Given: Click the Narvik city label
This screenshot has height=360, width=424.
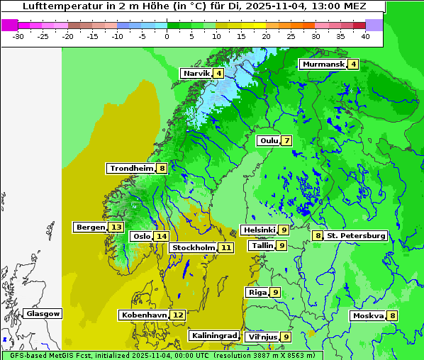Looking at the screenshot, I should click(196, 74).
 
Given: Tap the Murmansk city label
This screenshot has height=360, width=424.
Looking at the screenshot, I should click(323, 64).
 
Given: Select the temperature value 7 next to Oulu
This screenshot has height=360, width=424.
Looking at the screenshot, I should click(286, 140).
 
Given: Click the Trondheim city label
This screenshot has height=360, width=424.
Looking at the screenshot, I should click(131, 169).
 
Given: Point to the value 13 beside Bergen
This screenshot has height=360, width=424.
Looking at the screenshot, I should click(116, 227).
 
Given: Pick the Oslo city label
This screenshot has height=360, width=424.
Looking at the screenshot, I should click(142, 237).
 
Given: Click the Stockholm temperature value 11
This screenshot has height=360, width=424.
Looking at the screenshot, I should click(225, 248).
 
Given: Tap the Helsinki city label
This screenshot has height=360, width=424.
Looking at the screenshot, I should click(259, 230).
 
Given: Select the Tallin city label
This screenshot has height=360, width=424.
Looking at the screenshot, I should click(262, 246).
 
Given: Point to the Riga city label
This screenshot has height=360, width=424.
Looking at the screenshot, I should click(257, 293).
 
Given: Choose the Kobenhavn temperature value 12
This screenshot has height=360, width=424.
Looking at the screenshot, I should click(178, 315).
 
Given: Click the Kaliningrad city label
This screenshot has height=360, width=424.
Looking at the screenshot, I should click(214, 336).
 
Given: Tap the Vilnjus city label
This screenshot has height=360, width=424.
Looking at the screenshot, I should click(261, 337).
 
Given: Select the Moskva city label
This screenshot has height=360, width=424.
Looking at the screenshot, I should click(368, 316).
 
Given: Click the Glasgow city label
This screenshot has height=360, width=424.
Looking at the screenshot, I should click(43, 314).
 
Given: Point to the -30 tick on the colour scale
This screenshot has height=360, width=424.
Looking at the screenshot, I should click(18, 35).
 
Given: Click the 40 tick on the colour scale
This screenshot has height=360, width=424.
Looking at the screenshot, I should click(365, 35).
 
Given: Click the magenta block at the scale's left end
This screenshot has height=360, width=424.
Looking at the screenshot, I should click(9, 25).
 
